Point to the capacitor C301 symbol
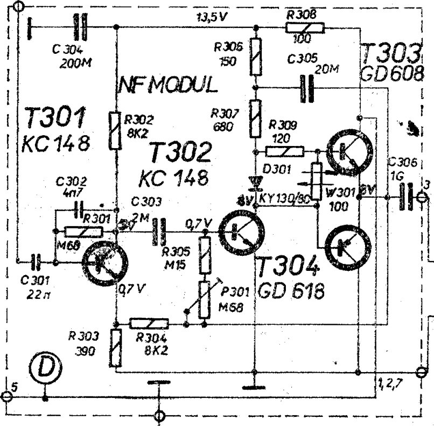tap(37, 262)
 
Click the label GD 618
tap(291, 291)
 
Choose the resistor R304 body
tap(149, 323)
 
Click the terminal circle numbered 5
tap(6, 396)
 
